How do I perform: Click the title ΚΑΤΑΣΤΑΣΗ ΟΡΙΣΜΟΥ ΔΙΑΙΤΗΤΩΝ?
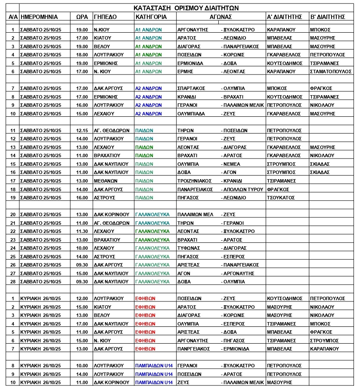(x=186, y=8)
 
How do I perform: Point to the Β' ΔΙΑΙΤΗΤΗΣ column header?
(x=328, y=17)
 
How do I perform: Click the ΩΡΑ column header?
(x=82, y=17)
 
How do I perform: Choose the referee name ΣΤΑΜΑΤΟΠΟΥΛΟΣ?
(x=331, y=71)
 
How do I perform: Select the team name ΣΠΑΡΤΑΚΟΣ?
(x=191, y=88)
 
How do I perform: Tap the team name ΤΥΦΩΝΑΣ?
(x=190, y=248)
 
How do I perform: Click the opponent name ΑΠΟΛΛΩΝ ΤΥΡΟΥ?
(x=242, y=189)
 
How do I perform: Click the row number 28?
(x=13, y=282)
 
